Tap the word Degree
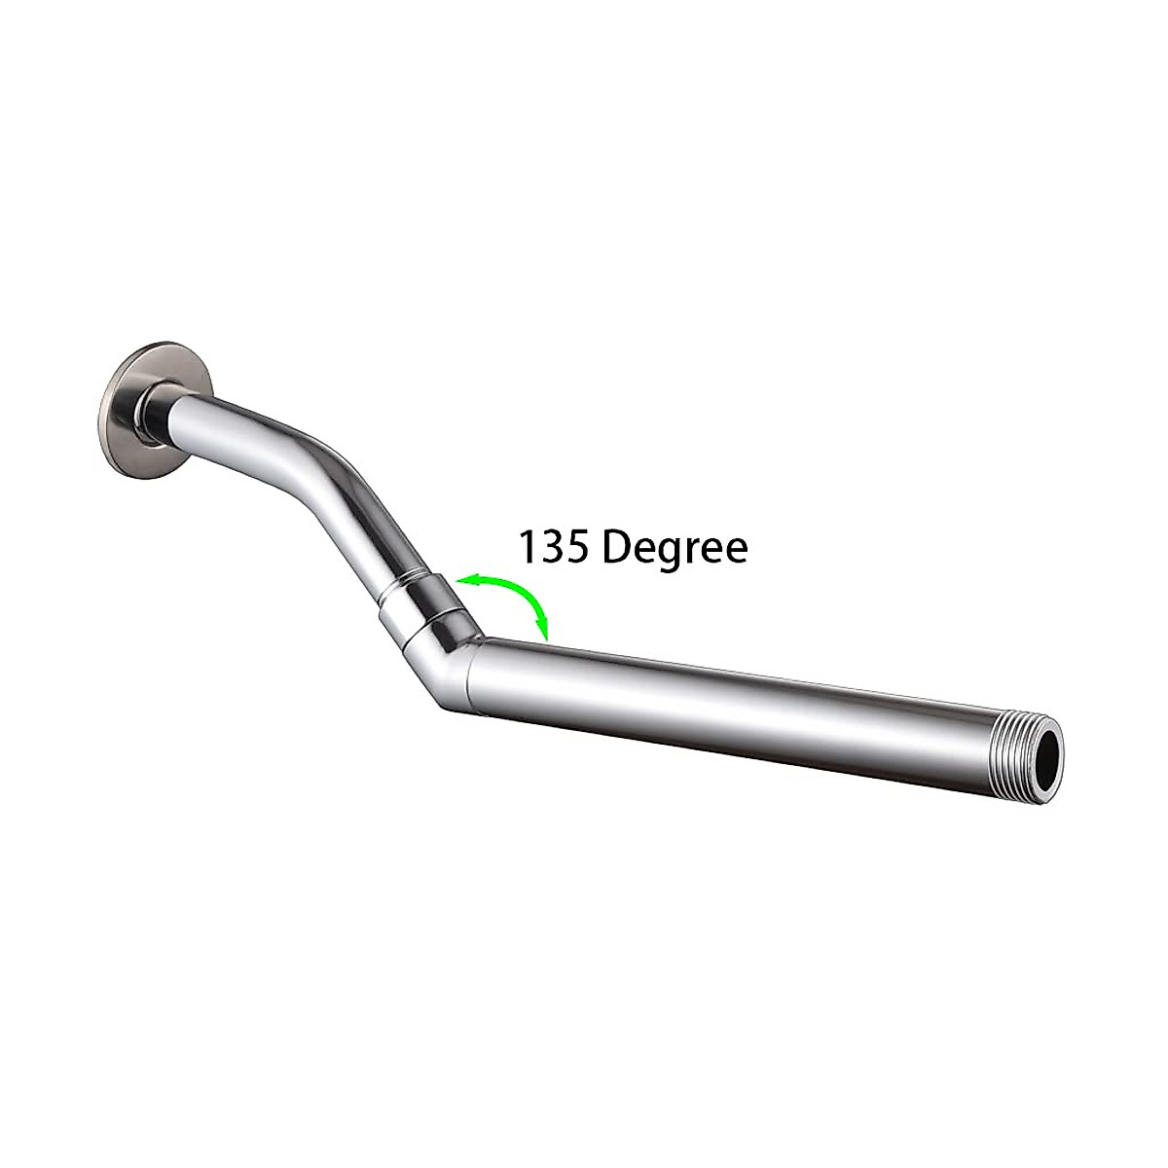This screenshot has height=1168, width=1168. (675, 548)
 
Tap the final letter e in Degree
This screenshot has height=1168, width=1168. (735, 550)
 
